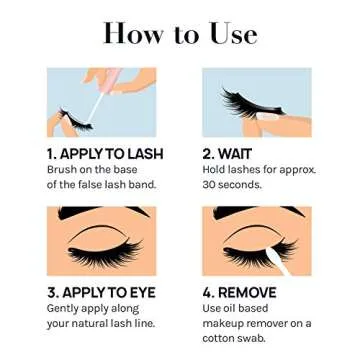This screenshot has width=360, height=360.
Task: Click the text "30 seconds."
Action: click(x=233, y=185)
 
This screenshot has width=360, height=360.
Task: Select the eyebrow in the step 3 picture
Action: click(x=100, y=218)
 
